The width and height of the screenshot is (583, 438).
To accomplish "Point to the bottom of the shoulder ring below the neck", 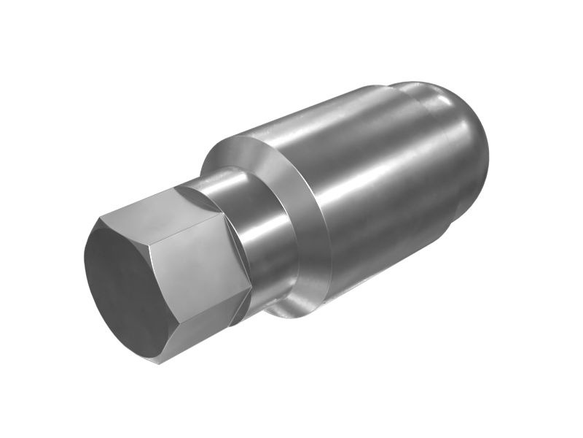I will (x=295, y=310).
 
